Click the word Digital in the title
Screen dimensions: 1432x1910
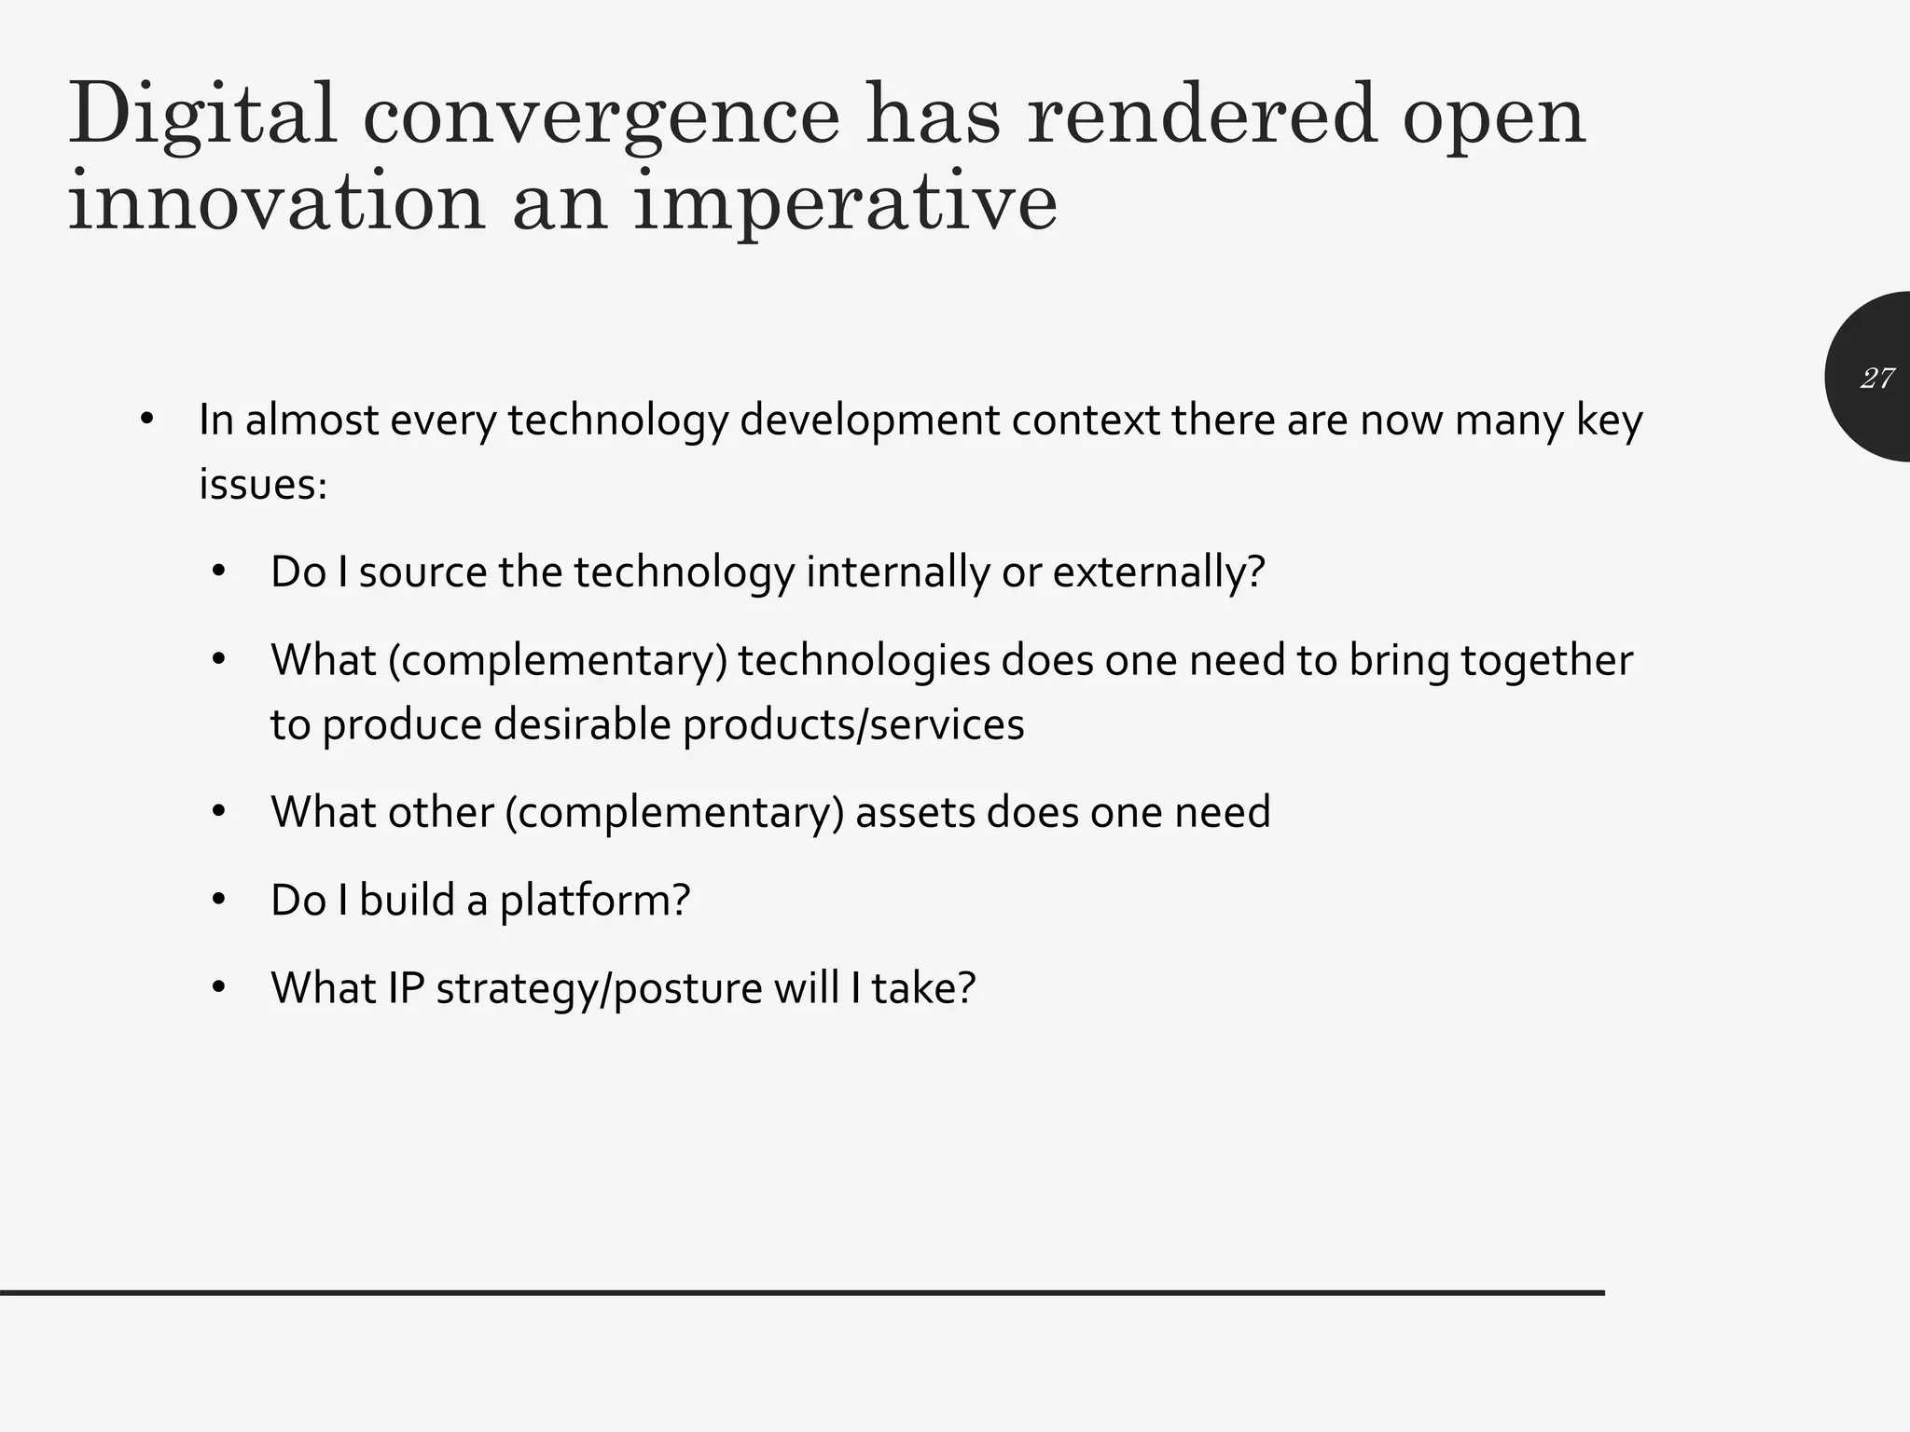pos(202,116)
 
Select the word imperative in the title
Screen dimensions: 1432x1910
pos(845,203)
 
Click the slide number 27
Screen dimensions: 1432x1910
pos(1876,378)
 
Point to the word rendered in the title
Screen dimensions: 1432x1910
pos(1201,116)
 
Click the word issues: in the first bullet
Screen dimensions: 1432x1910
pos(263,484)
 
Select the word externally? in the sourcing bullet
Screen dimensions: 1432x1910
pos(1158,571)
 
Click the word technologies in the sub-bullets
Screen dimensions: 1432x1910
pos(864,660)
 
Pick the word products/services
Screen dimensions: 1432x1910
pos(853,724)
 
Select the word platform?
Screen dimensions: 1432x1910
pos(595,901)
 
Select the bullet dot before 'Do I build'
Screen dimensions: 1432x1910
pos(219,900)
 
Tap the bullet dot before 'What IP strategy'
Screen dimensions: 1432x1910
pos(219,987)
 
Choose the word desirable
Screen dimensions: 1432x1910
pos(582,724)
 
